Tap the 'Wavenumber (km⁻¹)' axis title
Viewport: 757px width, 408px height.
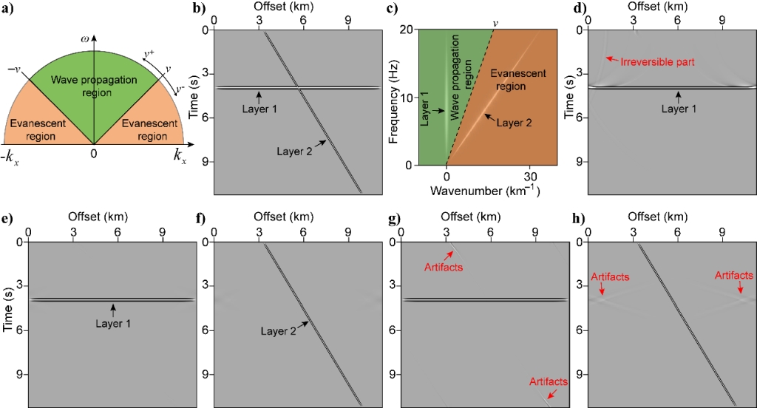pos(481,191)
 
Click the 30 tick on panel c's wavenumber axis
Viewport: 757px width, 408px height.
pos(529,177)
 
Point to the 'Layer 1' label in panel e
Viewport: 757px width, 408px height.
pos(112,323)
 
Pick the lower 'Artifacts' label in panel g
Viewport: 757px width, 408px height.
pos(549,381)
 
